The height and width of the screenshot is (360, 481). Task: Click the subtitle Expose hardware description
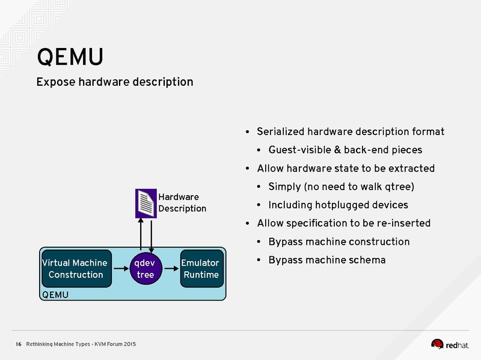[x=114, y=82]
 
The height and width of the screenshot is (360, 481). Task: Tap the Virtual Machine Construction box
[x=76, y=269]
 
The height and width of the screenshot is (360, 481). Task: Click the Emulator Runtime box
[x=201, y=269]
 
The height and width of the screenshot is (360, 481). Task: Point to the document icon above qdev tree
[x=146, y=203]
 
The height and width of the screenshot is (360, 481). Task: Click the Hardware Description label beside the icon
[x=182, y=203]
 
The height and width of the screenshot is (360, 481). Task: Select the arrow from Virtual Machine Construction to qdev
[x=120, y=269]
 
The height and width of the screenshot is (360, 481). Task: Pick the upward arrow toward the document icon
[x=140, y=235]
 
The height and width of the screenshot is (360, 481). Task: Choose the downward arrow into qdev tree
[x=151, y=235]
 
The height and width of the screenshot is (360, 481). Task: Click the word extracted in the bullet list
[x=411, y=168]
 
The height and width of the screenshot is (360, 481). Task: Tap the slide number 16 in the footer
[x=18, y=344]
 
